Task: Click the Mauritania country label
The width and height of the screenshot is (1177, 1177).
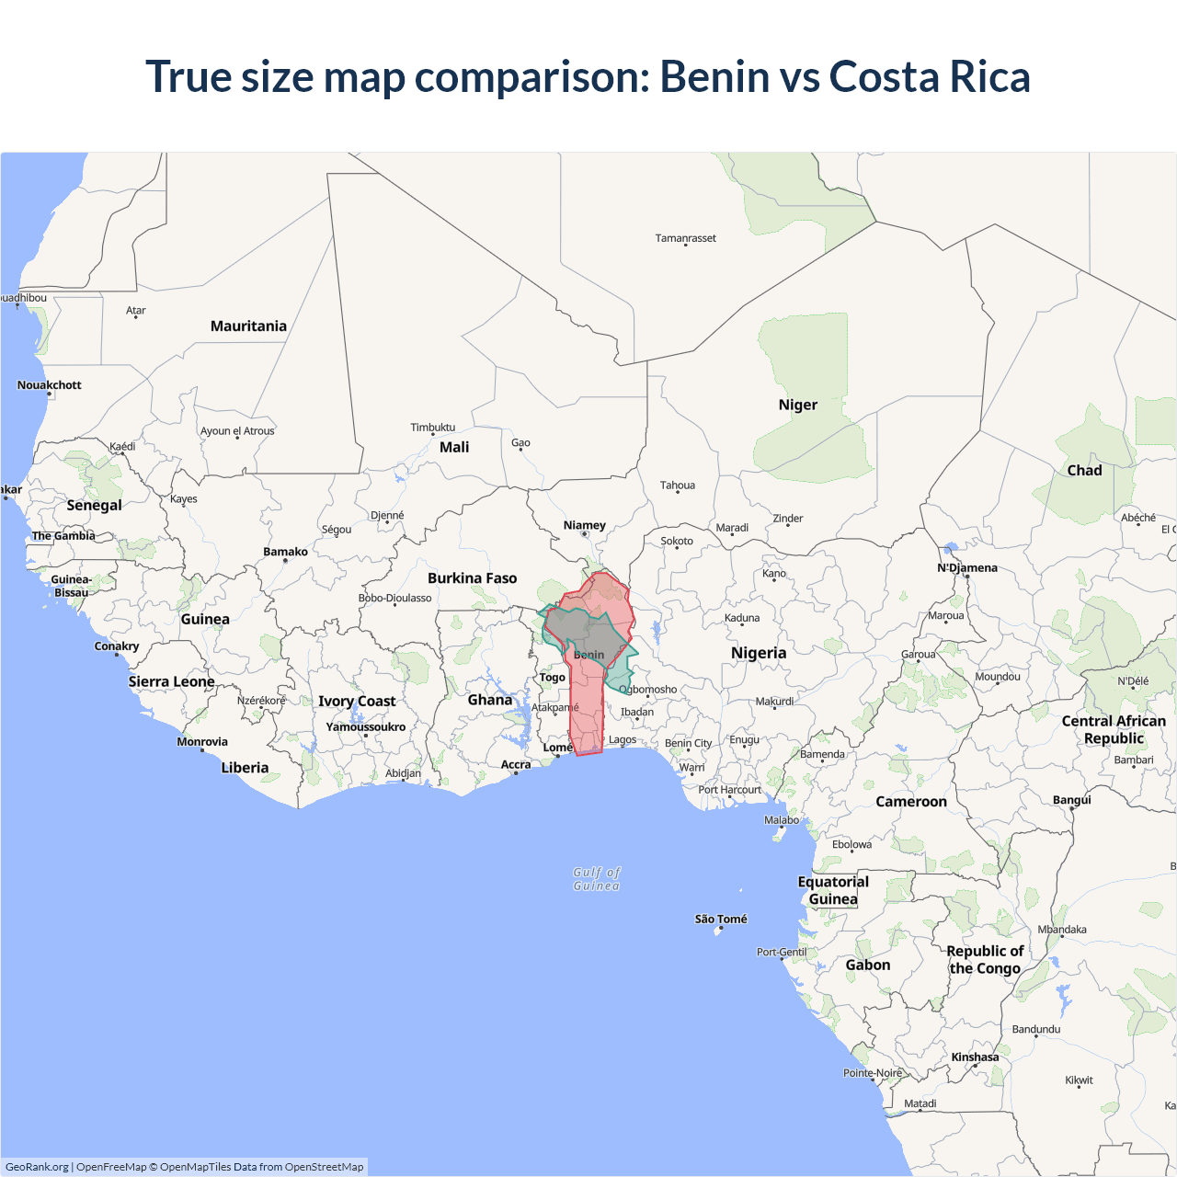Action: (248, 326)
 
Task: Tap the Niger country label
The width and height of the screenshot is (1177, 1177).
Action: (797, 405)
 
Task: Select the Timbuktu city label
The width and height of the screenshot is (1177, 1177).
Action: (432, 428)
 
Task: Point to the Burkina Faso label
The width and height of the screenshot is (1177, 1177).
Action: (472, 578)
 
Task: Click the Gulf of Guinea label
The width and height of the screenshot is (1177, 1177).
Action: (597, 879)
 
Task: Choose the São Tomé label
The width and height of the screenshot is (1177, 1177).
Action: (721, 919)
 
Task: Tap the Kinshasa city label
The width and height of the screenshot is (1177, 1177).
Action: (975, 1057)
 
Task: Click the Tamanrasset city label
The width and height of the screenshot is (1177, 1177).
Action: (685, 238)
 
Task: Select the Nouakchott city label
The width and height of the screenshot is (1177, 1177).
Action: (50, 385)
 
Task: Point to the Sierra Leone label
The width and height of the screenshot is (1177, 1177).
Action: (171, 681)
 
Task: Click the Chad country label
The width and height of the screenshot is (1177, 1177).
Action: (1084, 471)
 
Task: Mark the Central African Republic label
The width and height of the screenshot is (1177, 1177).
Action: (1114, 730)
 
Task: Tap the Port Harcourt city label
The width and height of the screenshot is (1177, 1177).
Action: (729, 790)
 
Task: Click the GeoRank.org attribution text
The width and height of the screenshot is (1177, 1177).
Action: (37, 1167)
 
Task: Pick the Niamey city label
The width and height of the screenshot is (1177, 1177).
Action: (585, 526)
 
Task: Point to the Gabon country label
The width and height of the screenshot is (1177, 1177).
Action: (868, 966)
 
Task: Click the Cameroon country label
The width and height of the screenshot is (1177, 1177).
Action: (910, 802)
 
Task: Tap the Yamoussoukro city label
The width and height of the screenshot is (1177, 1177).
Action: (365, 727)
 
